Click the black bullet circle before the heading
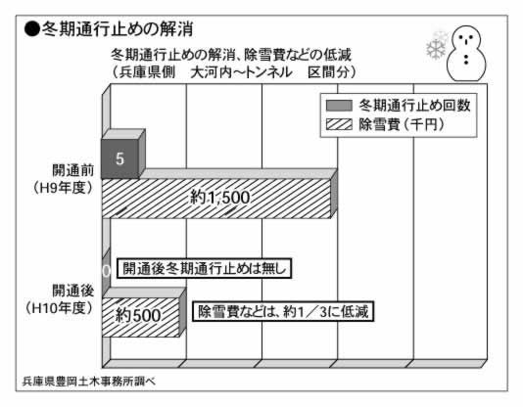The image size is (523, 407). click(x=32, y=29)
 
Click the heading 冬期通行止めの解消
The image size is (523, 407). click(x=117, y=29)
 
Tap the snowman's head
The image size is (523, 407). click(x=465, y=38)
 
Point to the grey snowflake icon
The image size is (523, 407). click(x=437, y=46)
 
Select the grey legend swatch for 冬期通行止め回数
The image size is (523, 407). click(x=339, y=106)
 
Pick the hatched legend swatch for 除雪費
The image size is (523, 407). click(x=339, y=124)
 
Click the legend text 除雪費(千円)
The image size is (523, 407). click(x=402, y=125)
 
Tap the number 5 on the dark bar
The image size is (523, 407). click(x=120, y=158)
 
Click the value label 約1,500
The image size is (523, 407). click(x=219, y=198)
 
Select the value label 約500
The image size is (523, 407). click(x=138, y=315)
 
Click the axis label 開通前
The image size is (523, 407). click(x=73, y=170)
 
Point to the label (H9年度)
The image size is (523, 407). click(x=63, y=188)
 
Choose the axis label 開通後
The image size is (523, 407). click(x=73, y=291)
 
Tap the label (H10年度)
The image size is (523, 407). click(x=60, y=308)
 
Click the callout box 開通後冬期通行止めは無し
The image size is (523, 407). click(x=204, y=268)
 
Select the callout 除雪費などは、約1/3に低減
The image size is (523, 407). click(x=283, y=312)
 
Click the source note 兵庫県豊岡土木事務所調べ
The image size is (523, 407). click(x=89, y=382)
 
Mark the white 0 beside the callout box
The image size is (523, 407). click(x=106, y=271)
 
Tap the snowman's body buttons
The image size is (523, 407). click(x=466, y=59)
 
